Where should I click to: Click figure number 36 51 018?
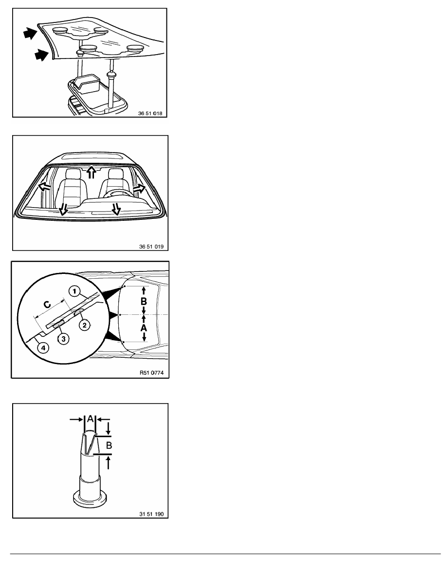[150, 114]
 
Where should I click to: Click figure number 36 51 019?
[151, 246]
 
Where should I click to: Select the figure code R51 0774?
[151, 372]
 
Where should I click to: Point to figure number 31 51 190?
[151, 514]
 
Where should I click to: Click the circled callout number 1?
[74, 292]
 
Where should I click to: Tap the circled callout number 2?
[84, 325]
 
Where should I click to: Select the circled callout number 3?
[63, 339]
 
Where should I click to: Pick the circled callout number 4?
[43, 347]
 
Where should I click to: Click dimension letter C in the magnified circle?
[48, 305]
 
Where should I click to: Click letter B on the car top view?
[144, 301]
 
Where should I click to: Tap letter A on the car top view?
[144, 328]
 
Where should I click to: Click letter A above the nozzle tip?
[91, 419]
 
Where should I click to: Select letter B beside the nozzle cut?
[109, 445]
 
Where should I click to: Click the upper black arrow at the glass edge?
[30, 34]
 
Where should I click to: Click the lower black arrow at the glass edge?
[42, 56]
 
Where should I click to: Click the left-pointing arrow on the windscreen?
[44, 186]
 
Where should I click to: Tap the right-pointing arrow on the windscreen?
[140, 189]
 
